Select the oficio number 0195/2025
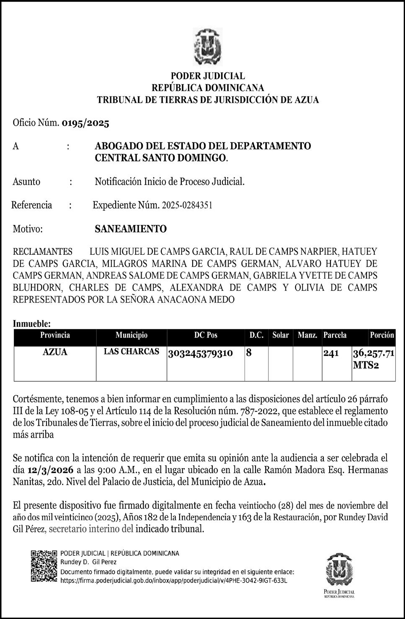tap(85, 123)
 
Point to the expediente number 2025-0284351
tap(187, 205)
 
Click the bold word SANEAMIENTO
tap(131, 229)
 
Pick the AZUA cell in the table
tap(55, 352)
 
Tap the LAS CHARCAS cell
tap(132, 352)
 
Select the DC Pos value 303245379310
tap(201, 353)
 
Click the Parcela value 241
tap(331, 353)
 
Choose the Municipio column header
tap(132, 335)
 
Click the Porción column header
tap(382, 335)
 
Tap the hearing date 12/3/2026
tap(51, 469)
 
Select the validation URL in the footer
tap(174, 581)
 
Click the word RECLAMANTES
tap(43, 252)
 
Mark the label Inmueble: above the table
tap(32, 324)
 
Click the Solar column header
tap(281, 335)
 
